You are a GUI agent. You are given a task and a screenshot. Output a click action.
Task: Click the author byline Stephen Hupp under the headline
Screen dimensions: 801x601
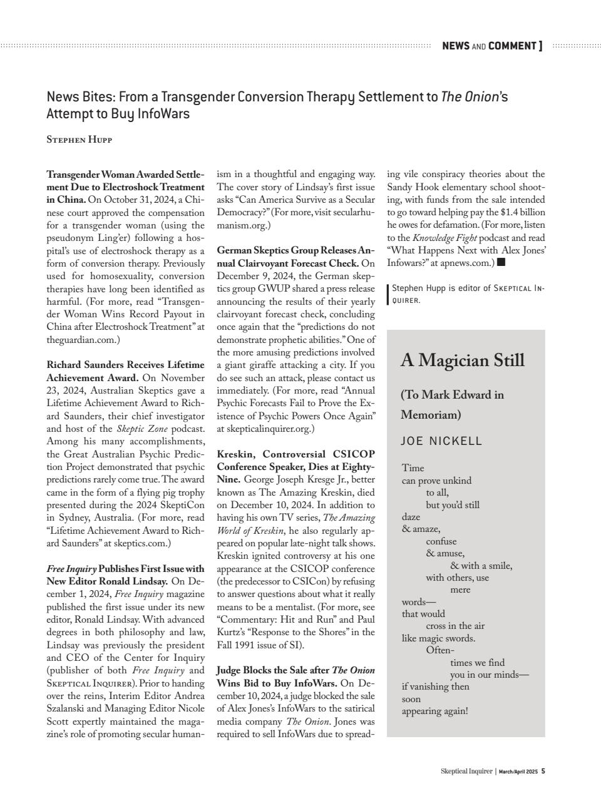79,140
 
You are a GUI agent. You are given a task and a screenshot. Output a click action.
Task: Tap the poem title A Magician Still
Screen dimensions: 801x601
462,360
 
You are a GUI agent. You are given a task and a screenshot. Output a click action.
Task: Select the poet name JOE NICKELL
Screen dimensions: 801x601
441,441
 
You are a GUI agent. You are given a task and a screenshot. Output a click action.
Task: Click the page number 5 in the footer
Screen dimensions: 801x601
543,771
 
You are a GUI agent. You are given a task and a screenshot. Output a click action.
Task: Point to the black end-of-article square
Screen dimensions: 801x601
501,262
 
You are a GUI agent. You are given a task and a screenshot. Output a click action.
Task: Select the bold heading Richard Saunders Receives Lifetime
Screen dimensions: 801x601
125,365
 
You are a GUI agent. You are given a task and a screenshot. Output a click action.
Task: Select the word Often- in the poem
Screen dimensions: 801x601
440,650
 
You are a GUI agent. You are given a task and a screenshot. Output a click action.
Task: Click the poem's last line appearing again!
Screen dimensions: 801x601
434,711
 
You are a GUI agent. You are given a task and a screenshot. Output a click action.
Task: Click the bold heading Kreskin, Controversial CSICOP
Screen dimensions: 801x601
295,454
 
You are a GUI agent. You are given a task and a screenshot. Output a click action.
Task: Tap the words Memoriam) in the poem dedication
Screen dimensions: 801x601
431,415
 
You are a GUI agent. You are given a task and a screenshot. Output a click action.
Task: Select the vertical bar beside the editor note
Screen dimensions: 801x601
388,294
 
